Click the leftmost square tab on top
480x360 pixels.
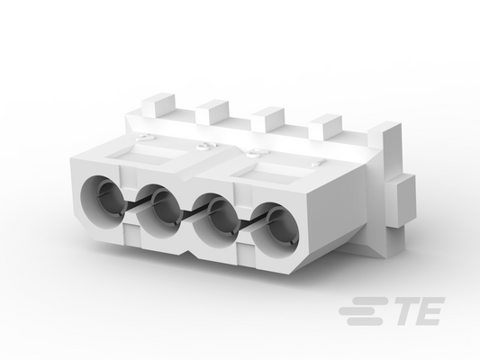tap(158, 105)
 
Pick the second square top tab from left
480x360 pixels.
tap(213, 112)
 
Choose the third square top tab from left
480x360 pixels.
tap(267, 120)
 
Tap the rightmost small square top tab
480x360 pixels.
tap(325, 126)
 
